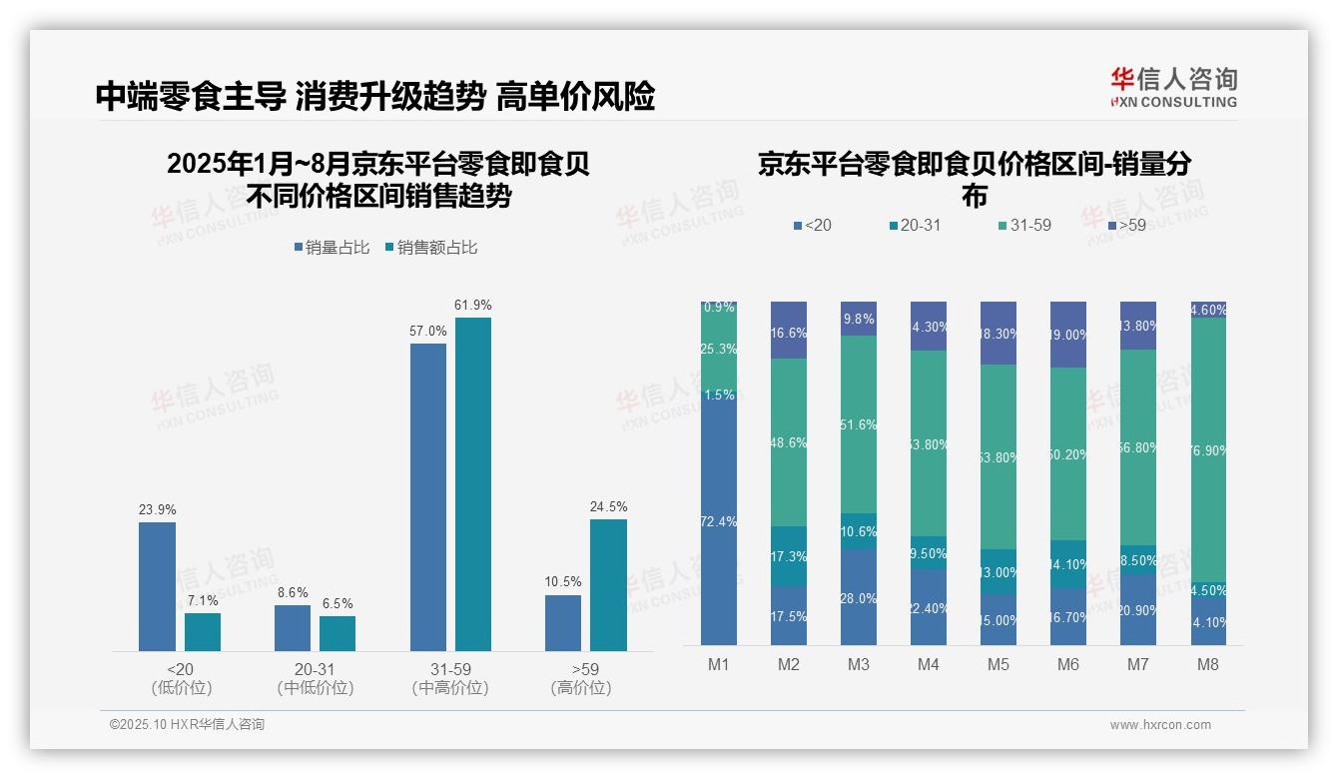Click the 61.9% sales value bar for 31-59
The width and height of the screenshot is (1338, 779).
click(473, 484)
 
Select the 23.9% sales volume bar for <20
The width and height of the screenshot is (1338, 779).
click(157, 586)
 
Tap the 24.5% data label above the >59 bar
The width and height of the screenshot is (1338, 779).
click(608, 506)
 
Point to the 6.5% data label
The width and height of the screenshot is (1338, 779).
click(337, 603)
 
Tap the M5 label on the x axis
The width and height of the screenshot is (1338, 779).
click(999, 665)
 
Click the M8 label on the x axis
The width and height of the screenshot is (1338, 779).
click(1208, 665)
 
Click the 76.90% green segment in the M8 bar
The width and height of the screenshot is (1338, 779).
click(1208, 449)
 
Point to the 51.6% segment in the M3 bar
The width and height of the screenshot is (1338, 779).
click(859, 424)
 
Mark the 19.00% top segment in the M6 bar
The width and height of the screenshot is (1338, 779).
click(1068, 335)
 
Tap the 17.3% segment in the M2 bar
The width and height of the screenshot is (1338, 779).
click(789, 556)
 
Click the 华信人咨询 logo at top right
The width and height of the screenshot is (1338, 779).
click(1173, 87)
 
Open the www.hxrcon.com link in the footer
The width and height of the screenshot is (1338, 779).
click(1160, 725)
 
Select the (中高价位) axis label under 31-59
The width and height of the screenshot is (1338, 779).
click(450, 688)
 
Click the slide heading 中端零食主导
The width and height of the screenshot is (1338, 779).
click(191, 97)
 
